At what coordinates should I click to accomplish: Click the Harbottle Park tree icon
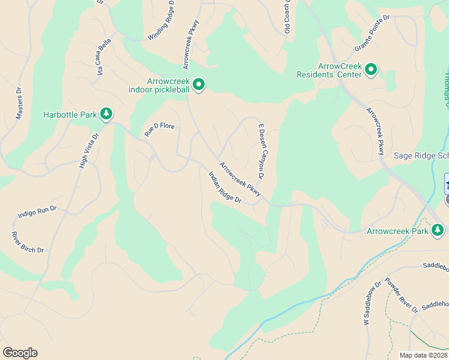click(107, 113)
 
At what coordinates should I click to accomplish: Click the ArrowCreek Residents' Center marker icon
click(372, 70)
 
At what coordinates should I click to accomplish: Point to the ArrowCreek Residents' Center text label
click(330, 70)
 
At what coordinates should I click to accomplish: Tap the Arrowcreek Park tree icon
click(438, 230)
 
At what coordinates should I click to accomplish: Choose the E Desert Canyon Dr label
click(262, 152)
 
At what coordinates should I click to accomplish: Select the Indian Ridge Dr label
click(224, 187)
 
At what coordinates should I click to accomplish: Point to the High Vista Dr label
click(88, 150)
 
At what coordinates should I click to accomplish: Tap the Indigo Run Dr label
click(37, 212)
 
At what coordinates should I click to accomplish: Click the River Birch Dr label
click(29, 242)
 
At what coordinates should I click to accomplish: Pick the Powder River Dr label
click(401, 295)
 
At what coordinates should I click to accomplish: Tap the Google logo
click(20, 353)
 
